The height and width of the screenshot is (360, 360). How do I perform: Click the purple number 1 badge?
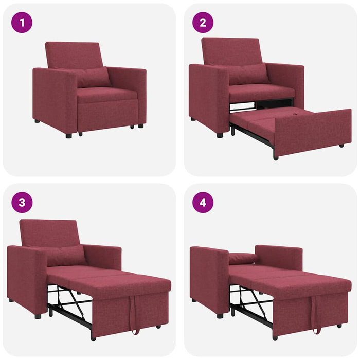coord(22,23)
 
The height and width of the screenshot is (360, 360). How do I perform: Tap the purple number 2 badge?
coord(203,23)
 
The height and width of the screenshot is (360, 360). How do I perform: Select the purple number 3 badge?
coord(22,202)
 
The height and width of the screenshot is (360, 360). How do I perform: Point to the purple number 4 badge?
coord(203,202)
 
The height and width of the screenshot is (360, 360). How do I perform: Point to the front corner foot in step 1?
coord(68,136)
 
